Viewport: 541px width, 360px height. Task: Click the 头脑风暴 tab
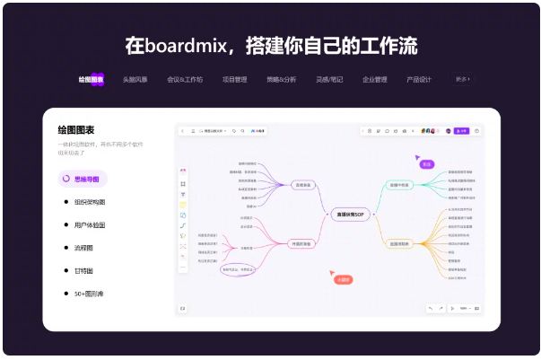click(x=135, y=79)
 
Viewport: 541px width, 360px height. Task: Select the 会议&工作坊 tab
click(x=185, y=79)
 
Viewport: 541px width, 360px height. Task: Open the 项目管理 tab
click(x=235, y=79)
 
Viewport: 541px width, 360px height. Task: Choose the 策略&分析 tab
click(x=282, y=79)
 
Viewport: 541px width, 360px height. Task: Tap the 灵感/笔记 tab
click(x=328, y=79)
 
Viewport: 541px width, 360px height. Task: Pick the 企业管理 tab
click(x=375, y=79)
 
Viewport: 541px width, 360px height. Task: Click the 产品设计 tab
click(x=419, y=79)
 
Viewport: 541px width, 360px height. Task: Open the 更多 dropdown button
click(x=463, y=79)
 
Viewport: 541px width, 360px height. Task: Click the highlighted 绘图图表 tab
click(x=91, y=79)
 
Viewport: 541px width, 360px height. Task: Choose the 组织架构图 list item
click(x=89, y=202)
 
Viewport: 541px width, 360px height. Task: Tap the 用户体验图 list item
click(x=89, y=224)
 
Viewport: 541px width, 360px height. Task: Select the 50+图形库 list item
click(x=89, y=293)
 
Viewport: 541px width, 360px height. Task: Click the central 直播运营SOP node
click(x=348, y=215)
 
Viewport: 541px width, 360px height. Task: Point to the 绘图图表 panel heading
click(x=76, y=129)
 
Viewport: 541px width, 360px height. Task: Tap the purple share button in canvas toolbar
click(x=461, y=131)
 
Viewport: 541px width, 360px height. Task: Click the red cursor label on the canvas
click(x=342, y=279)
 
